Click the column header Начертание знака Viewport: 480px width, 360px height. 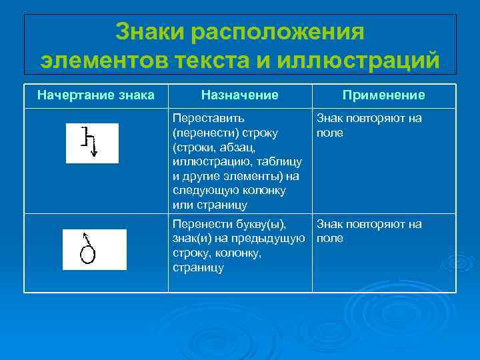point(95,95)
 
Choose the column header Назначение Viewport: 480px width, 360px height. point(240,95)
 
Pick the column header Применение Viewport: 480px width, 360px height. point(383,95)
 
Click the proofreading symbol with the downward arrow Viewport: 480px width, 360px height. point(92,141)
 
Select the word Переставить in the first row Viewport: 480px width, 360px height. point(203,119)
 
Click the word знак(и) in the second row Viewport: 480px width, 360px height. point(191,239)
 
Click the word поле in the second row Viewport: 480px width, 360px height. point(330,239)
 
